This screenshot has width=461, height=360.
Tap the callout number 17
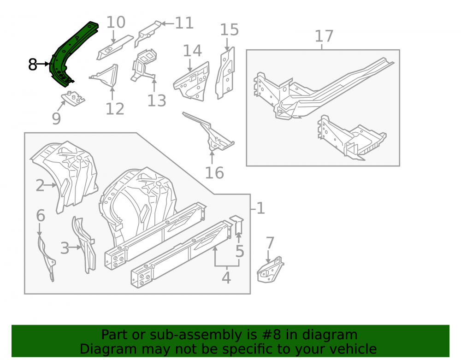pyautogui.click(x=324, y=36)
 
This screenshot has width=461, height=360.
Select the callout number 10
pyautogui.click(x=116, y=22)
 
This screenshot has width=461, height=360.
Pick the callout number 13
pyautogui.click(x=157, y=100)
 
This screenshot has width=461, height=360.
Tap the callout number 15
pyautogui.click(x=230, y=30)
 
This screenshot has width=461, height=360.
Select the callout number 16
pyautogui.click(x=214, y=173)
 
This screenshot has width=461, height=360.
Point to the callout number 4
pyautogui.click(x=226, y=277)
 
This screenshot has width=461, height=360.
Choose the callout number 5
pyautogui.click(x=240, y=251)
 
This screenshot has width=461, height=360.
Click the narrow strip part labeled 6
pyautogui.click(x=47, y=259)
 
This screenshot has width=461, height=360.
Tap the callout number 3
pyautogui.click(x=65, y=248)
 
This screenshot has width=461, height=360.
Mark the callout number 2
pyautogui.click(x=40, y=186)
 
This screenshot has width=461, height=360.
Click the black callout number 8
pyautogui.click(x=33, y=65)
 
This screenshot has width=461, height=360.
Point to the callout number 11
pyautogui.click(x=184, y=23)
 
